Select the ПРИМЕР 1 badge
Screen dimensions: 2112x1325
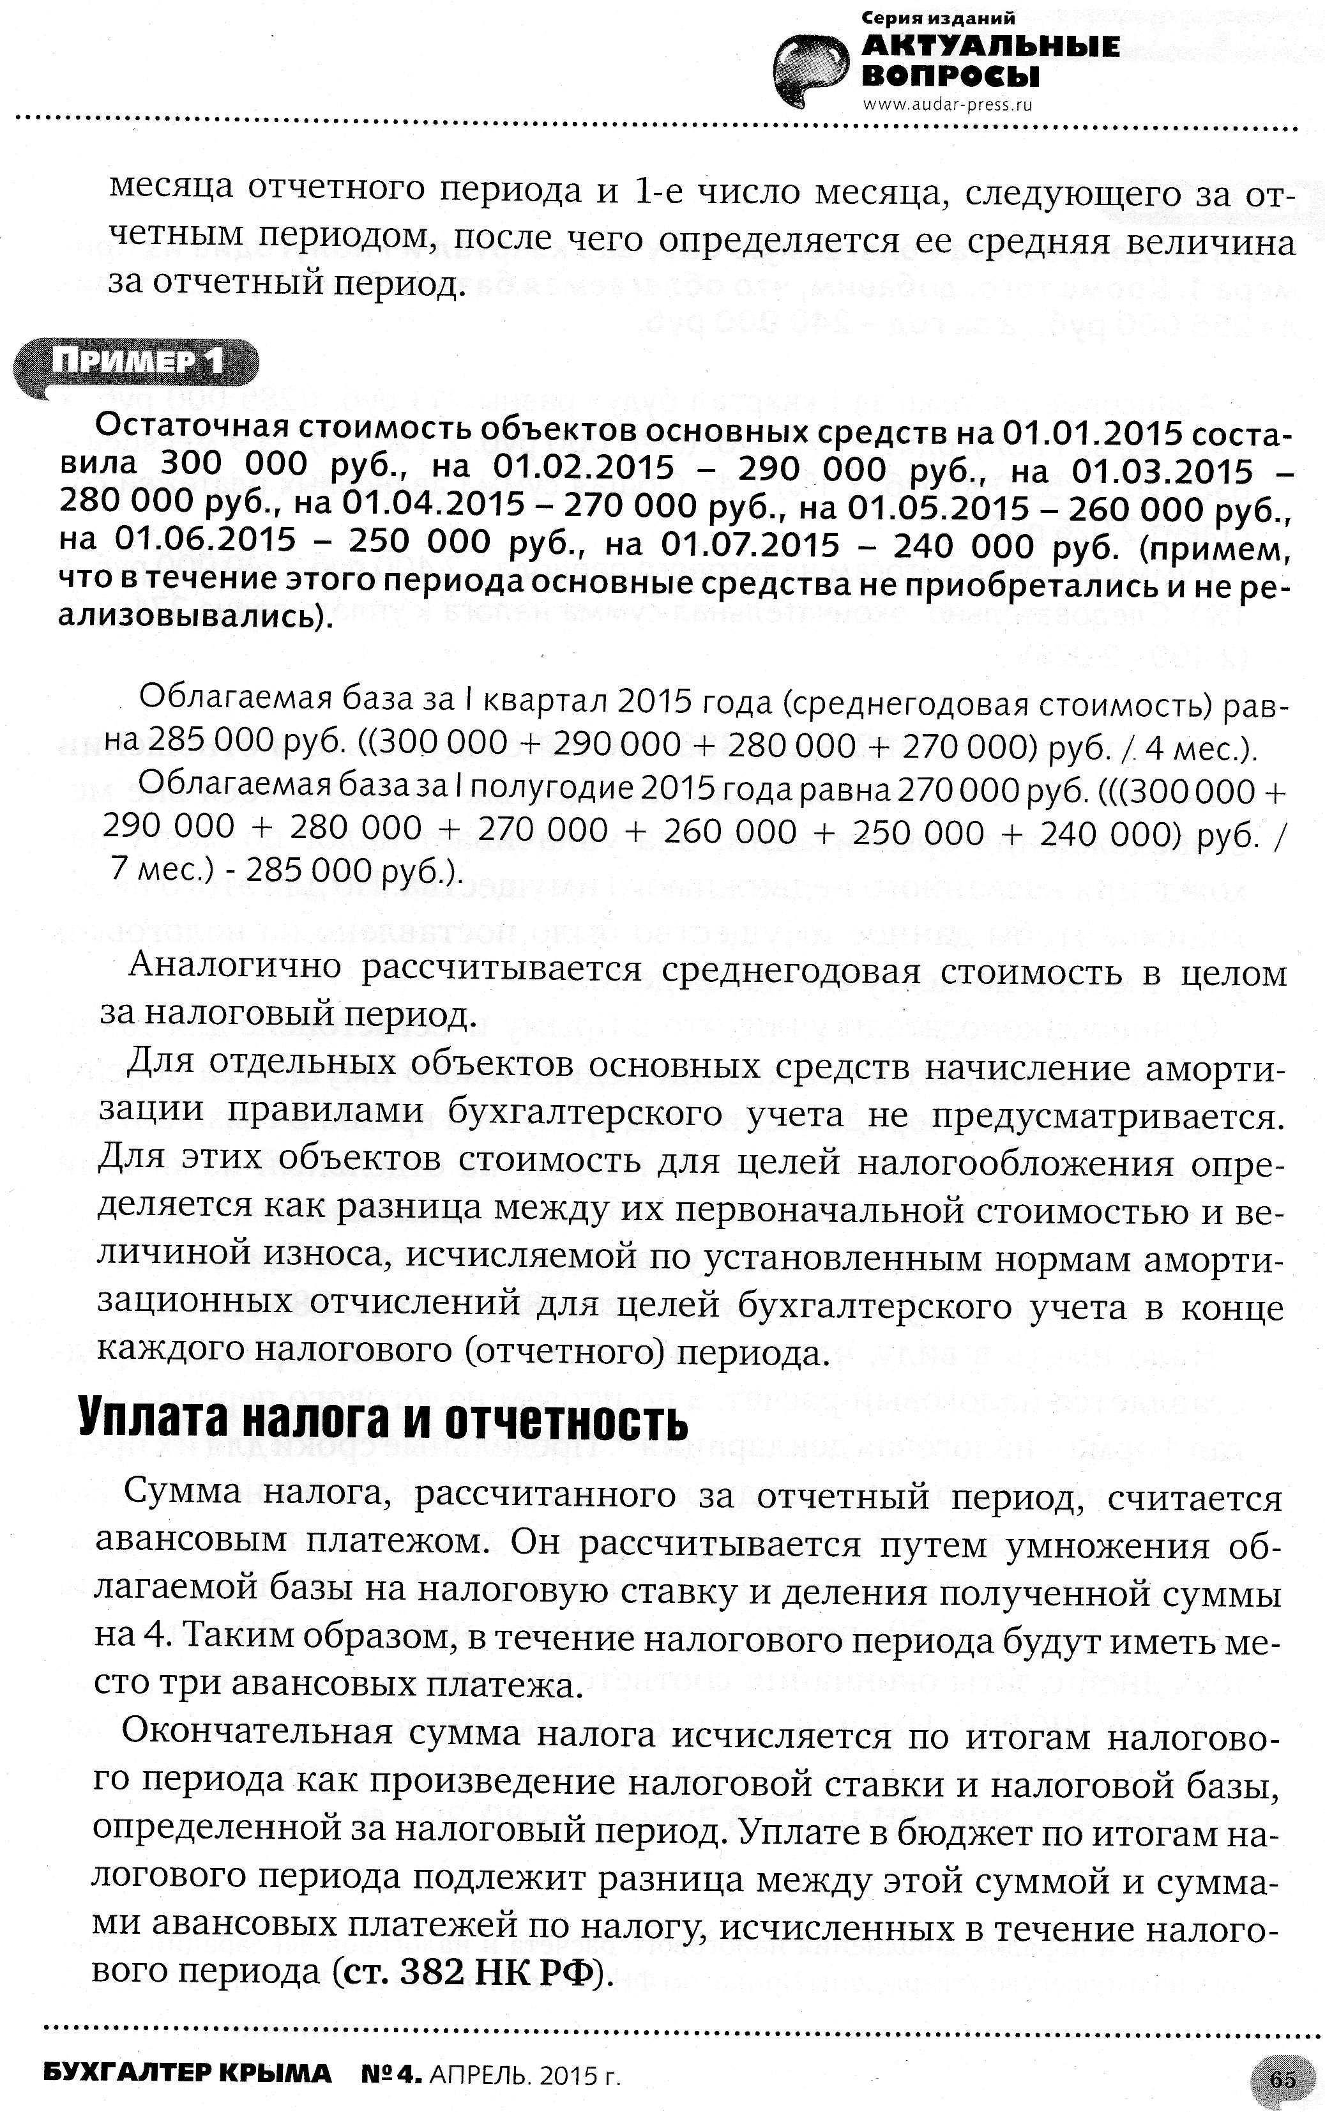click(x=137, y=361)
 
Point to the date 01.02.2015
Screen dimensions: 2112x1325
click(x=584, y=466)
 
